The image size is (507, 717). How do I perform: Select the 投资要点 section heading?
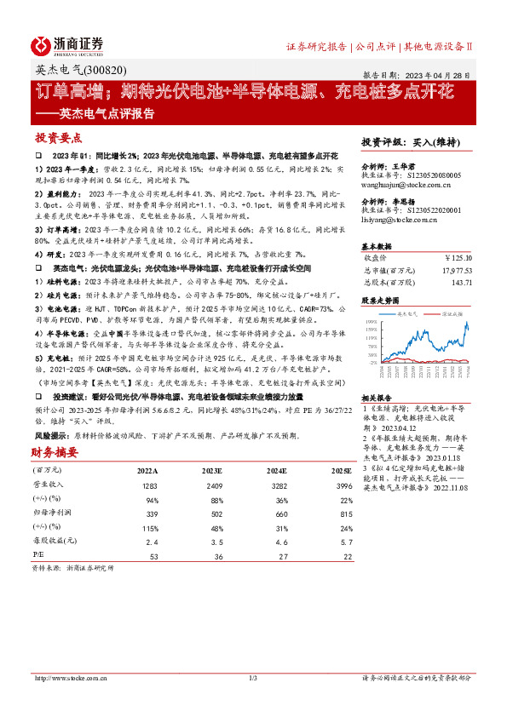[58, 137]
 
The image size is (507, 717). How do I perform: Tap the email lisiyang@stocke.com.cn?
[399, 220]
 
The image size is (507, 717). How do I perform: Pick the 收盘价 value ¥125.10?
[457, 258]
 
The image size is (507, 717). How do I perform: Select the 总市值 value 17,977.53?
[452, 269]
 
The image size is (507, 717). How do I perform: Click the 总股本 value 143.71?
[461, 280]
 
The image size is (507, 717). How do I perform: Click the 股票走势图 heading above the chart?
[381, 301]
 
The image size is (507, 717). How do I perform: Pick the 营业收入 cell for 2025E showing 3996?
[340, 485]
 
